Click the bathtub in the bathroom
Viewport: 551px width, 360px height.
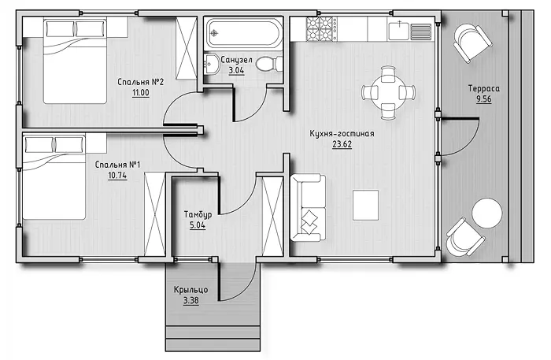(244, 33)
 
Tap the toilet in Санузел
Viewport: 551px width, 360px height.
(269, 64)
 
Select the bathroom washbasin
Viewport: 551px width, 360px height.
(211, 65)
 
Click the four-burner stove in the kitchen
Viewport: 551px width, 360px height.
(321, 29)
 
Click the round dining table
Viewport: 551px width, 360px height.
(388, 93)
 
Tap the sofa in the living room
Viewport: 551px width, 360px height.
(308, 208)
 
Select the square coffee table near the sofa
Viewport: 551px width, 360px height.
(365, 205)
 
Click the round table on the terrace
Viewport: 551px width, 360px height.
(487, 213)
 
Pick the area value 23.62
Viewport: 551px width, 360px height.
(342, 144)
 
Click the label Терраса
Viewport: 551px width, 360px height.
(483, 88)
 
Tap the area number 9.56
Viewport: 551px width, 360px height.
(483, 99)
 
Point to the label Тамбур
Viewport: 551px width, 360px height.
(198, 214)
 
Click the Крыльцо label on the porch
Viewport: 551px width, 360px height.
(190, 290)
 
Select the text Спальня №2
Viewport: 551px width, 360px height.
(141, 82)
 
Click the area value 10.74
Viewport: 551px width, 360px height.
(117, 176)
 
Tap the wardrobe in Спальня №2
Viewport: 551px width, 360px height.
(187, 48)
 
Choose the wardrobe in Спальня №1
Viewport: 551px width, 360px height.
(155, 214)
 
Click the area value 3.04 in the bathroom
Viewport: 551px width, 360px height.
(236, 70)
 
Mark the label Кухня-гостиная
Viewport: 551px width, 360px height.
(342, 134)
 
